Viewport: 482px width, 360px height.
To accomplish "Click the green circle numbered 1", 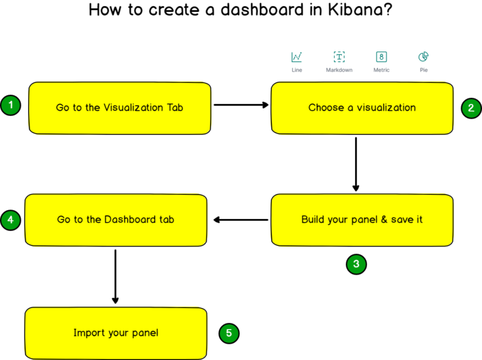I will tap(11, 105).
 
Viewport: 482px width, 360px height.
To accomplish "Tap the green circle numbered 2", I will tap(471, 108).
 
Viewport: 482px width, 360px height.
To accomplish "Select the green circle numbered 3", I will tap(356, 264).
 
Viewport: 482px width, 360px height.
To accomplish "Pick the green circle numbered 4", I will tap(11, 220).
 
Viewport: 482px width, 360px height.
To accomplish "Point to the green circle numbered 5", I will tap(228, 333).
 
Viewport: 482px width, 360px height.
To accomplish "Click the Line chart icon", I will tap(297, 57).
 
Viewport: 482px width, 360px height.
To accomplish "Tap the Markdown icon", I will tap(339, 57).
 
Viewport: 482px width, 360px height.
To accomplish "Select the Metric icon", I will tap(381, 57).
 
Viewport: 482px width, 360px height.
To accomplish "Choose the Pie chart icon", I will tap(424, 57).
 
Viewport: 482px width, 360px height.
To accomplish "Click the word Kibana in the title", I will tap(358, 11).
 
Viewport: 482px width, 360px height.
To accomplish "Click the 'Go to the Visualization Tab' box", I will tap(119, 108).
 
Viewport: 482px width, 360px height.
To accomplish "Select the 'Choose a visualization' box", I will tap(361, 108).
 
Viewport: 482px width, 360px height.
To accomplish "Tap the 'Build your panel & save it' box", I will tap(361, 220).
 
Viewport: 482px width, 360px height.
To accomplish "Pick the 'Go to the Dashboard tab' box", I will tap(115, 220).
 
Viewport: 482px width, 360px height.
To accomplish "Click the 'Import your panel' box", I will tap(115, 333).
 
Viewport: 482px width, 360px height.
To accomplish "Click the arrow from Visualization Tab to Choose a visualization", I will tap(241, 105).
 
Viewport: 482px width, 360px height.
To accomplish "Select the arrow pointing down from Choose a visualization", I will tap(356, 163).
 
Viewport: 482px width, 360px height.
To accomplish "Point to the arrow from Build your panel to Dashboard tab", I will tap(241, 220).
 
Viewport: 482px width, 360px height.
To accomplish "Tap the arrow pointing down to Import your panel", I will tap(115, 276).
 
